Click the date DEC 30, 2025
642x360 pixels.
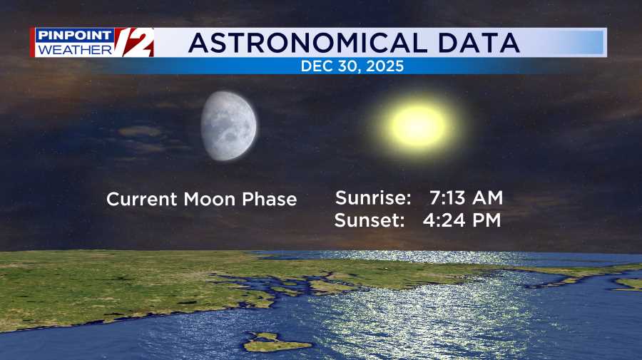click(352, 67)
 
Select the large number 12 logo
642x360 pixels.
click(134, 42)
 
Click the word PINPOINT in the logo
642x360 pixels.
click(74, 36)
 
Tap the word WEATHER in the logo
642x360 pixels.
click(74, 49)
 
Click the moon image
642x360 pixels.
click(229, 126)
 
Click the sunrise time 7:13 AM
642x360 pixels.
click(466, 197)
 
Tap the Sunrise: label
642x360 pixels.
click(373, 197)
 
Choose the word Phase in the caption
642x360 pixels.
click(269, 199)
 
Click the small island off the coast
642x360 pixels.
click(277, 344)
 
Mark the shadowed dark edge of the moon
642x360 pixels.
click(206, 128)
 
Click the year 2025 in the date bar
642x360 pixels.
click(387, 67)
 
